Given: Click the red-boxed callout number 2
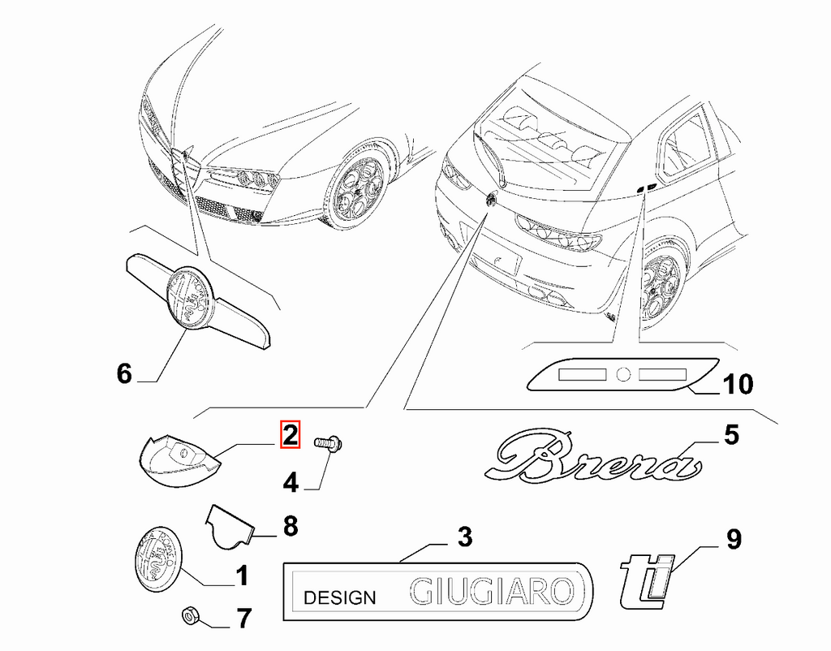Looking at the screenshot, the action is pos(291,434).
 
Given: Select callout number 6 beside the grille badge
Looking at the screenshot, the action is pos(124,373).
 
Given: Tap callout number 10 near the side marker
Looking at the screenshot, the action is pos(737,384).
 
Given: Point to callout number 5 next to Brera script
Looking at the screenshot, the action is pos(731,435).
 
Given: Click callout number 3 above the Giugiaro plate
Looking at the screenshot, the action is pos(465,537).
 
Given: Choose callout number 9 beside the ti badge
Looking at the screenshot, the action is pos(734,540).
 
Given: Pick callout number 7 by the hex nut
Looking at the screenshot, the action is pos(243,619).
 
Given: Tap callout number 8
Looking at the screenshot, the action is pos(291,527).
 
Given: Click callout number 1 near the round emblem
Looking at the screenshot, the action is pos(242,576).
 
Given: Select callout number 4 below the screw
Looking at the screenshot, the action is pos(291,483).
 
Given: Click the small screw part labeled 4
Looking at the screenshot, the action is pos(329,442).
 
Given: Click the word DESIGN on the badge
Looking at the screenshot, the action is pos(340,598).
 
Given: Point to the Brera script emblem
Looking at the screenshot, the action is pos(593,457).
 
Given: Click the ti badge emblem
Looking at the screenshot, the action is pos(647,581).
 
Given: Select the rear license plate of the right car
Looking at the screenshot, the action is pos(496,261).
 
